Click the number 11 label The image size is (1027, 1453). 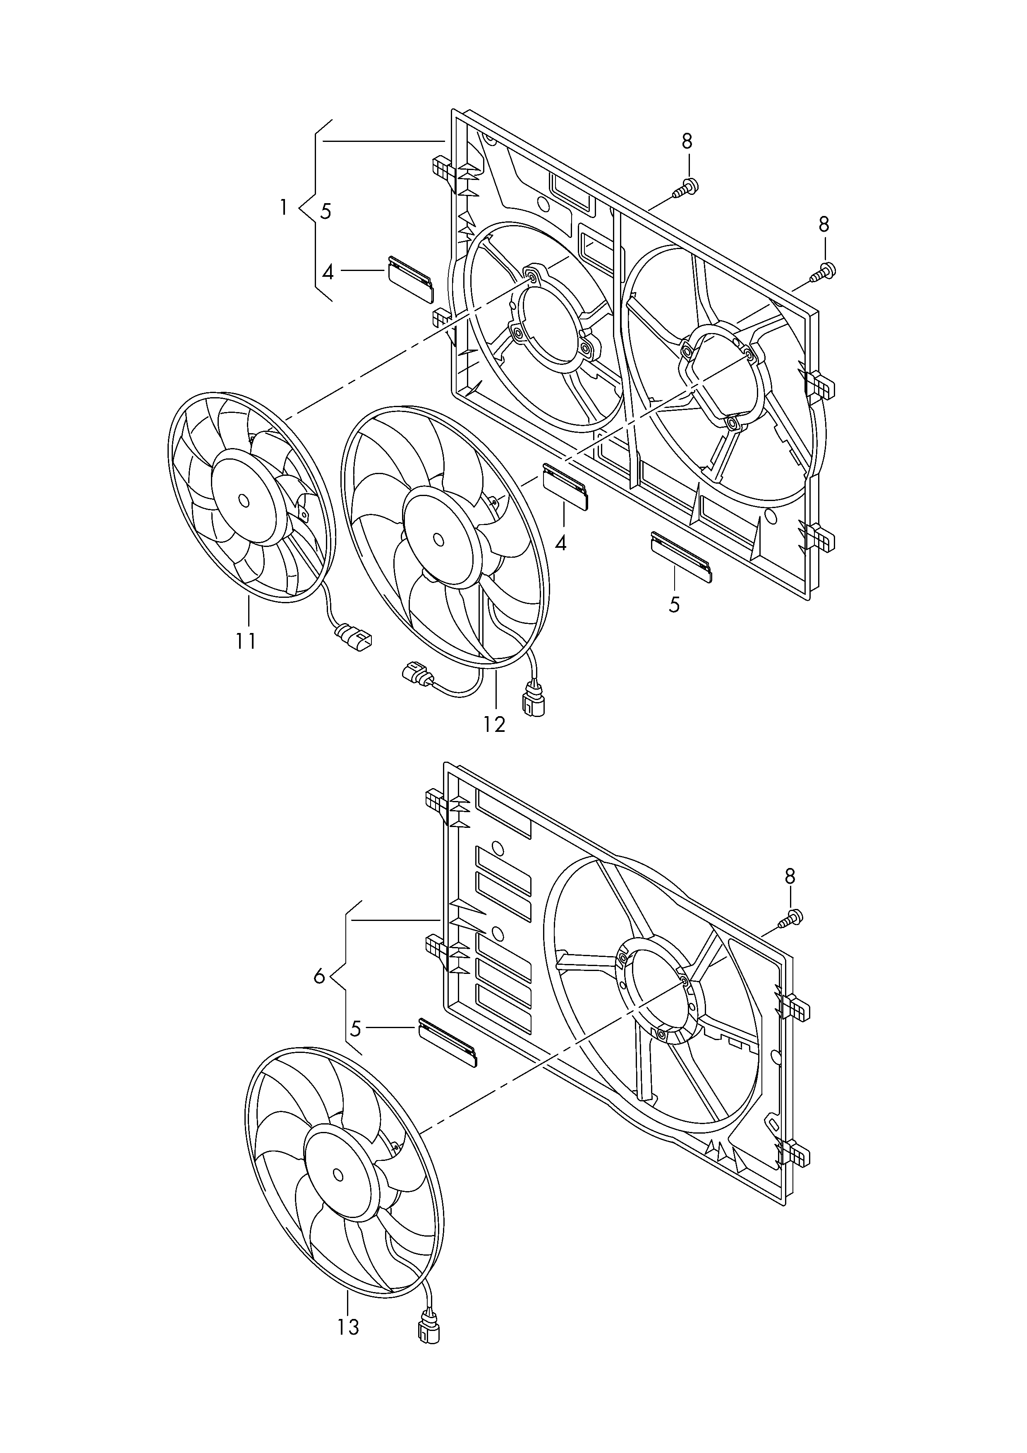[246, 641]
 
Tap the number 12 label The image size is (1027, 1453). [494, 724]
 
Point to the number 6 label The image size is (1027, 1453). [320, 976]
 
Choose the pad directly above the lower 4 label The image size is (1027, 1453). [566, 486]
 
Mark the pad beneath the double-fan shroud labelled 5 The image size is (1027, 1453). [681, 557]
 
